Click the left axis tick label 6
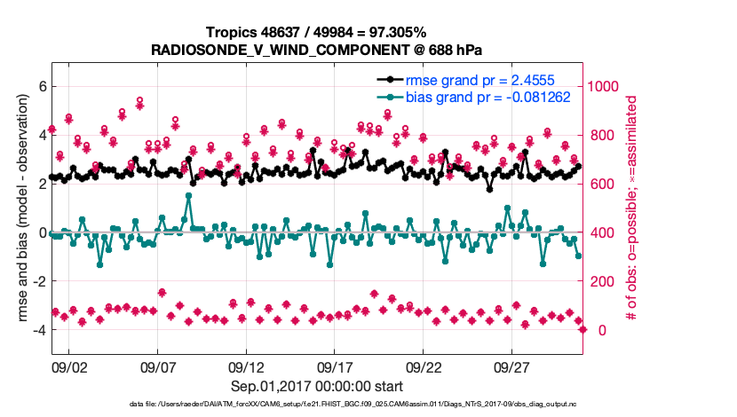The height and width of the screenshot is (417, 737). pos(41,86)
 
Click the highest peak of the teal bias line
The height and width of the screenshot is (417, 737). pos(188,195)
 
